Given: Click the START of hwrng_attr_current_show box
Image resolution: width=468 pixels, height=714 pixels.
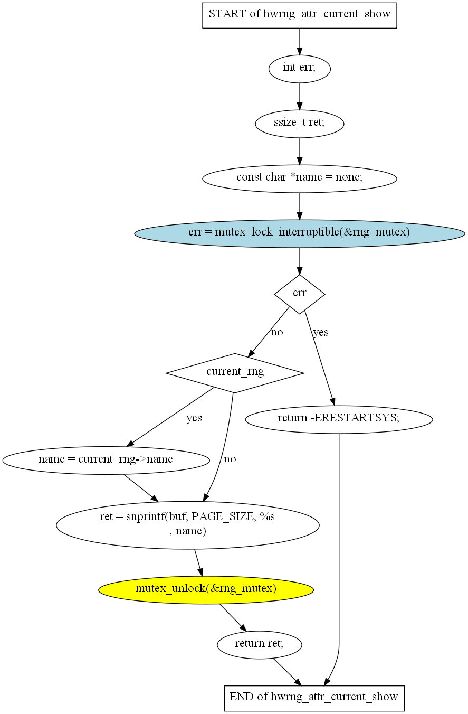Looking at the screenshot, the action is [x=299, y=15].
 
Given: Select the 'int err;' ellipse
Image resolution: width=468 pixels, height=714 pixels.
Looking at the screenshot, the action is [x=299, y=69].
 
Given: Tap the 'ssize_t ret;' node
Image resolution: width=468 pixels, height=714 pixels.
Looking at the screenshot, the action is [x=299, y=124].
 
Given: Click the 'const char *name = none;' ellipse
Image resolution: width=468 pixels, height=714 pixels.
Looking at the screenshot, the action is [x=299, y=178].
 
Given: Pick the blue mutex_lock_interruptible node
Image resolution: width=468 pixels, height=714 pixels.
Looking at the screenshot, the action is [x=299, y=233].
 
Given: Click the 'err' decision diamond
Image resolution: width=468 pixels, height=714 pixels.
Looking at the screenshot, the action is [x=299, y=294].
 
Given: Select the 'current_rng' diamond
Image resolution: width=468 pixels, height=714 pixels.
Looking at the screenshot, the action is [x=235, y=373].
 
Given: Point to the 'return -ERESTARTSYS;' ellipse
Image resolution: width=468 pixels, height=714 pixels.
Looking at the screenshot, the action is [x=339, y=419].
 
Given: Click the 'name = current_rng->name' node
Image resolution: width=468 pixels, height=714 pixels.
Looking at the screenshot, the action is [x=106, y=461].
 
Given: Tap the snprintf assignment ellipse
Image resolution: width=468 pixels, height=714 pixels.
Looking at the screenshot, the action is [x=187, y=525].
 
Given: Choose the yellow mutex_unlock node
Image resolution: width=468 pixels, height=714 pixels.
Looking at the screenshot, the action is [x=206, y=590].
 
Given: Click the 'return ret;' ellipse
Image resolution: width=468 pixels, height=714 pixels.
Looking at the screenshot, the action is [x=259, y=644].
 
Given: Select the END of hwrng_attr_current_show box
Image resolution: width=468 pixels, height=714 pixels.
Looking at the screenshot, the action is [x=314, y=698].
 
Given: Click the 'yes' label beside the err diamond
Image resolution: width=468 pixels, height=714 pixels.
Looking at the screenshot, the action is [x=321, y=333].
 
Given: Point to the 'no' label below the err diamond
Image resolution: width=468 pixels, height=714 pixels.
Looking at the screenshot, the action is [x=276, y=333].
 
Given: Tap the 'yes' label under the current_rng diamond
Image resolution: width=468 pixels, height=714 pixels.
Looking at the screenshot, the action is [x=194, y=418].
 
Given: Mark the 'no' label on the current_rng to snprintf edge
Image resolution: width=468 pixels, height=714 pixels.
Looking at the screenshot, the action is [x=230, y=459].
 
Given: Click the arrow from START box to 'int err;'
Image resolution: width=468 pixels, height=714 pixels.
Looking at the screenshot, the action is [x=299, y=42].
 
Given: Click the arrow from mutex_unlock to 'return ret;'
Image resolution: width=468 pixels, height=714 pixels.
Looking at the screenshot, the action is [x=233, y=617].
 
